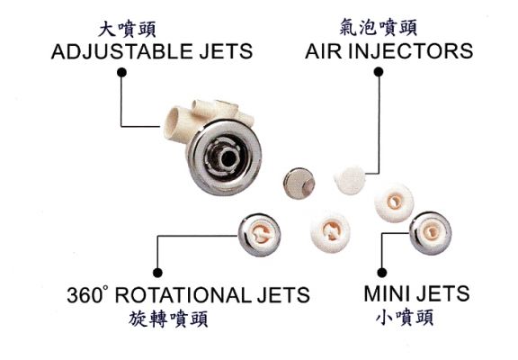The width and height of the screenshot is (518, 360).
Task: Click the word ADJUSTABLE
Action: pyautogui.click(x=121, y=51)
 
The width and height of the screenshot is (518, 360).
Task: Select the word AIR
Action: pyautogui.click(x=324, y=51)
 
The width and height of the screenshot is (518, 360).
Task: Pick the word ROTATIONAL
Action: pyautogui.click(x=183, y=295)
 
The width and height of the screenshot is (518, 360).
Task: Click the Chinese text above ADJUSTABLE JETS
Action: pyautogui.click(x=127, y=30)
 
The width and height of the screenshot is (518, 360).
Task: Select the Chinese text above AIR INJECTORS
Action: pyautogui.click(x=379, y=27)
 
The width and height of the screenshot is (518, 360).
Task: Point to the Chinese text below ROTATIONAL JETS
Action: pyautogui.click(x=168, y=319)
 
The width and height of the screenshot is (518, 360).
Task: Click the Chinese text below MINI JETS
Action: pyautogui.click(x=405, y=318)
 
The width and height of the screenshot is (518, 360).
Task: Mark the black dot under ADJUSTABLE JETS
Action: pyautogui.click(x=122, y=72)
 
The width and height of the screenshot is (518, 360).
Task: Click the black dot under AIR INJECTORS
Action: pyautogui.click(x=379, y=72)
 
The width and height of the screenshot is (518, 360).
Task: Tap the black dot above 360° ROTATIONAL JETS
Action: pyautogui.click(x=158, y=273)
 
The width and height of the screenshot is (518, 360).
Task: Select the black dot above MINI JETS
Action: pyautogui.click(x=382, y=273)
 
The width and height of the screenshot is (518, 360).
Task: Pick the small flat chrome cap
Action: pyautogui.click(x=299, y=184)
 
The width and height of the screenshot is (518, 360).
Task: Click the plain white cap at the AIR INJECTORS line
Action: pyautogui.click(x=350, y=181)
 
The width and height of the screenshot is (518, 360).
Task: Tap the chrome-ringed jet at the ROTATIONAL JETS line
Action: pyautogui.click(x=259, y=235)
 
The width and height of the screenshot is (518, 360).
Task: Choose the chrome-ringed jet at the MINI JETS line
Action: pyautogui.click(x=431, y=233)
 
